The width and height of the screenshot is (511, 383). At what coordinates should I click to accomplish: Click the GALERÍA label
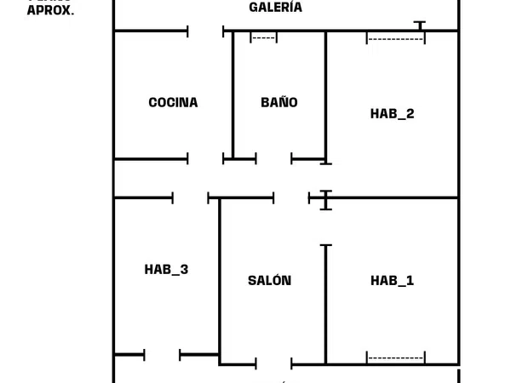275,8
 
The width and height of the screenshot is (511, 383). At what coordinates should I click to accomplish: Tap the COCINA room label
173,103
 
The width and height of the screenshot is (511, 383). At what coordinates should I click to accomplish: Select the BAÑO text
279,103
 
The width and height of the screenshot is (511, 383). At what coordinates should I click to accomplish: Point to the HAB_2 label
393,113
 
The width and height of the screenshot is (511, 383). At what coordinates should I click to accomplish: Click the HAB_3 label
166,270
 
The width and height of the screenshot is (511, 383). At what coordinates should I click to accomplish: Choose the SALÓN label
269,281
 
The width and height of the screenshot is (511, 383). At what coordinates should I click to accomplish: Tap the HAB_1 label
393,281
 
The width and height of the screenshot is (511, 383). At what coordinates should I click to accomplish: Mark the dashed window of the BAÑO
264,37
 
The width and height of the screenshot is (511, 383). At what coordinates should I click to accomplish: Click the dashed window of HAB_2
395,38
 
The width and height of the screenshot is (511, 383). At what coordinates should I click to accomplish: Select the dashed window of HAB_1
395,357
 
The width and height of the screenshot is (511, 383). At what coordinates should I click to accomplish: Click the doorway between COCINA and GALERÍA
206,31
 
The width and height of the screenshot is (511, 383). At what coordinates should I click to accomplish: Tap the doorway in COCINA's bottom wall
206,158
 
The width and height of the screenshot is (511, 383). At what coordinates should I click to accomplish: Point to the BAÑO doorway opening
273,158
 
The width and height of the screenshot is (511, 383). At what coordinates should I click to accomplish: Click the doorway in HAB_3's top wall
191,198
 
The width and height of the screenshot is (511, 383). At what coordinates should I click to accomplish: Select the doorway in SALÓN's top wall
291,198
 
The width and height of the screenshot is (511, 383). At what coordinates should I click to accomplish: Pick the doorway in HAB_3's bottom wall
163,354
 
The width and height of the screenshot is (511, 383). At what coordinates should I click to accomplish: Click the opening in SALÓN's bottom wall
274,364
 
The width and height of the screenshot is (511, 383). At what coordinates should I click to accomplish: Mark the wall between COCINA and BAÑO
233,94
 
